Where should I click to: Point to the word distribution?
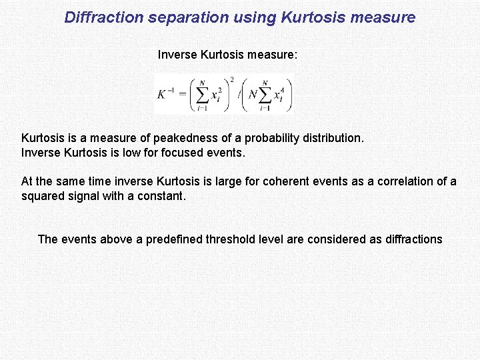pos(332,139)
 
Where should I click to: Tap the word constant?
pos(159,195)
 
